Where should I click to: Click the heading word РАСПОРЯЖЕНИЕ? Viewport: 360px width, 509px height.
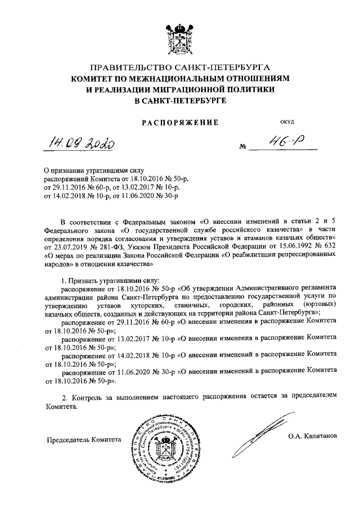[x=179, y=121]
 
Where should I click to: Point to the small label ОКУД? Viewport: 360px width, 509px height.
[x=287, y=121]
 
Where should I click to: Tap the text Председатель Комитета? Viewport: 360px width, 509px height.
[x=84, y=441]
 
